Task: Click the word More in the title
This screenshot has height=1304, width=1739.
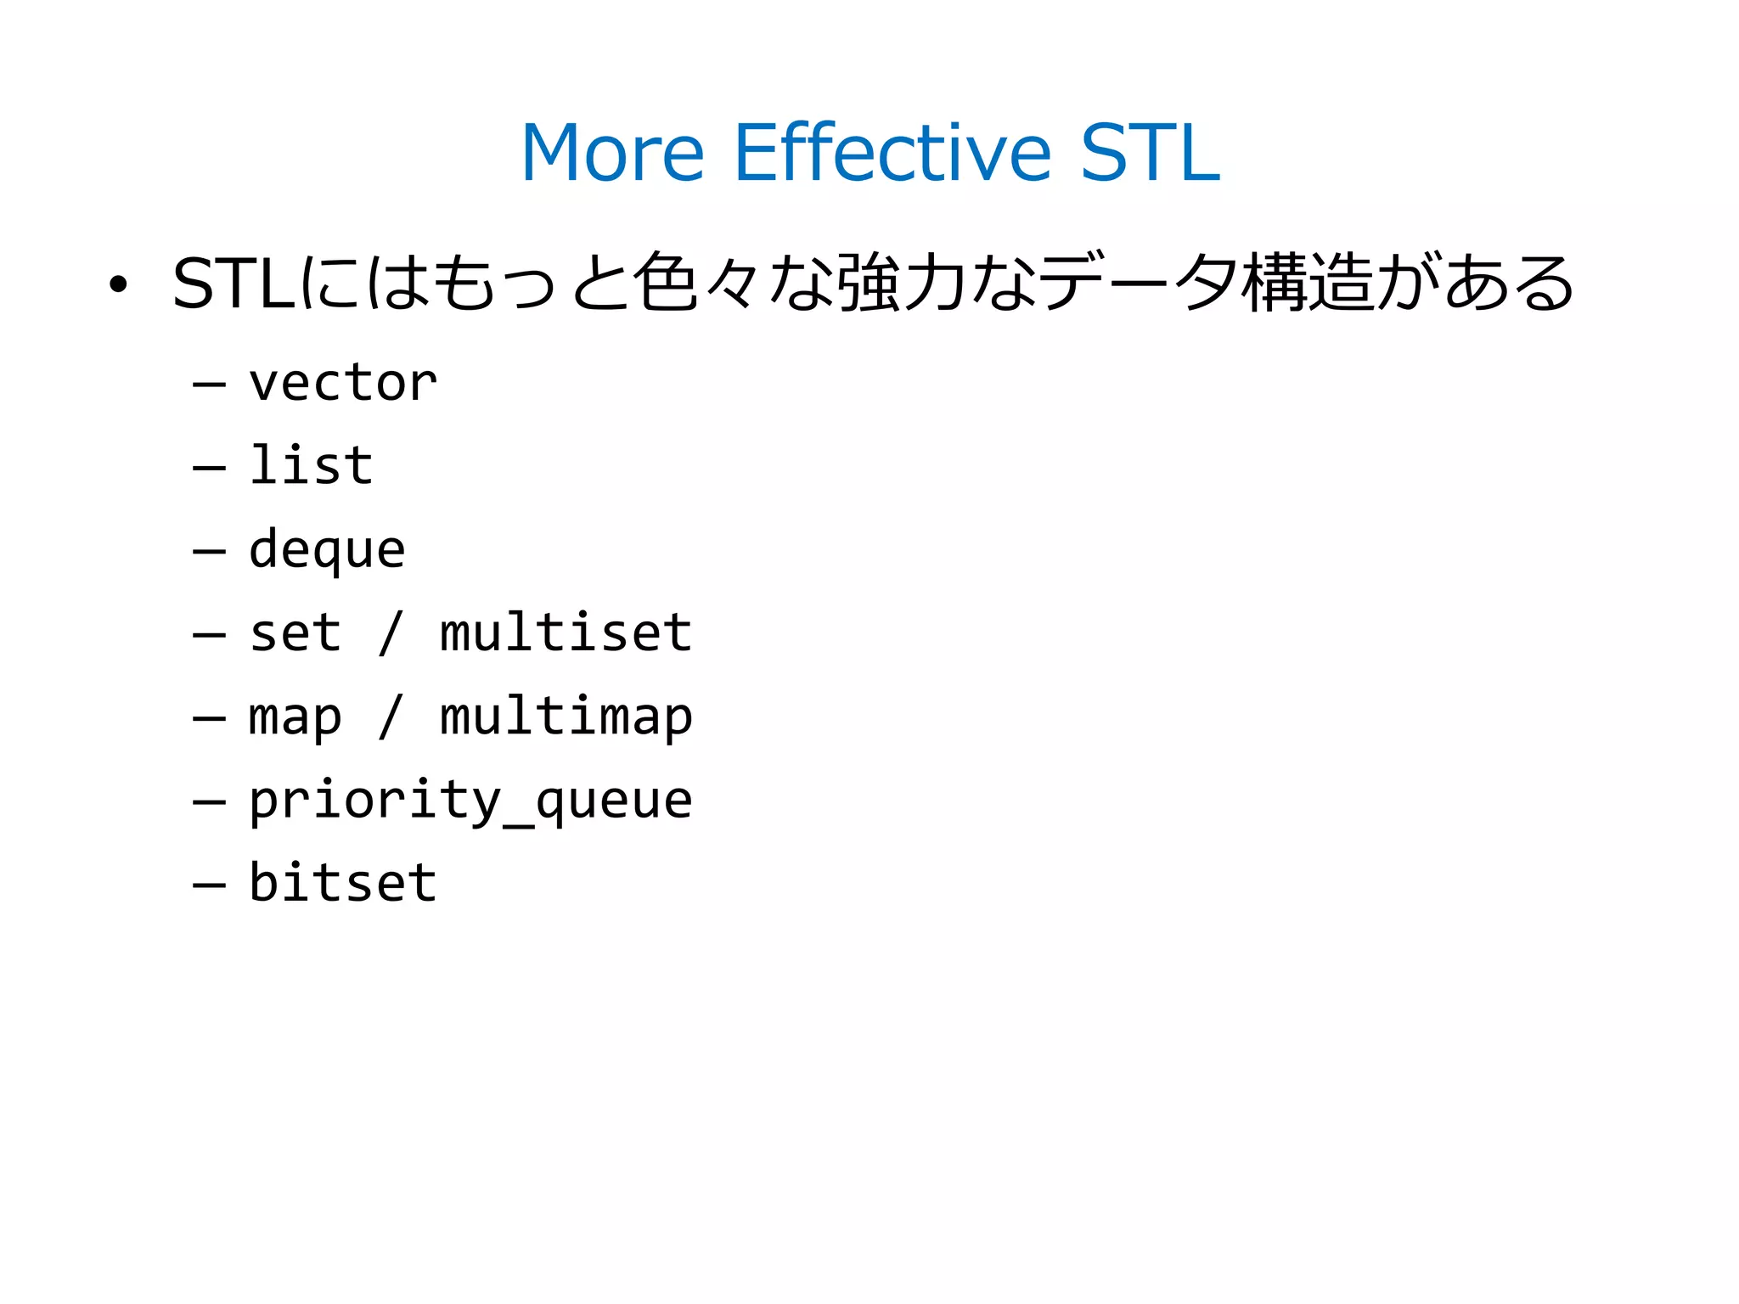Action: click(x=612, y=153)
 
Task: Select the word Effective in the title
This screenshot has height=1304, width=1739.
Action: click(x=892, y=153)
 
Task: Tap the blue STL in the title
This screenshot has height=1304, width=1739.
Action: click(x=1150, y=153)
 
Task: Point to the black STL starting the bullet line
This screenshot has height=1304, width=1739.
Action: click(x=233, y=284)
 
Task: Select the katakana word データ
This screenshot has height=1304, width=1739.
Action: click(x=1138, y=282)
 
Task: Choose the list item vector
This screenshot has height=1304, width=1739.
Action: click(x=342, y=383)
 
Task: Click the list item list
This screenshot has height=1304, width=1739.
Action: click(x=311, y=465)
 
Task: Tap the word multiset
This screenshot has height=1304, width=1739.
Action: click(x=566, y=632)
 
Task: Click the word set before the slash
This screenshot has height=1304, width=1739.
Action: click(x=295, y=632)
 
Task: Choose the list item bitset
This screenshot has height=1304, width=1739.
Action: click(x=342, y=882)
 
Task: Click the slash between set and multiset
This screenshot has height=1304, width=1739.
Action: click(x=390, y=632)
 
